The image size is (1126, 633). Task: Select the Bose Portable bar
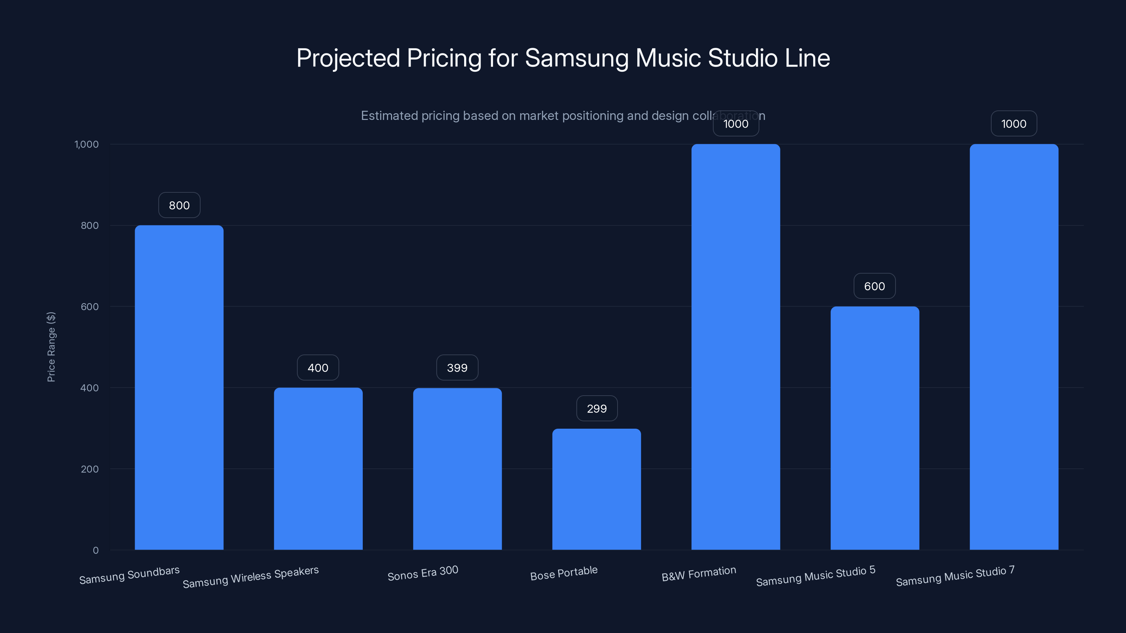(597, 489)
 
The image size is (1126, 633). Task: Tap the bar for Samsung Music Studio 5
(875, 428)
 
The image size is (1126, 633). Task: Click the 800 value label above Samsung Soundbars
(179, 205)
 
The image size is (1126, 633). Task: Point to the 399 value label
(457, 368)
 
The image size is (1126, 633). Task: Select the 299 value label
(597, 408)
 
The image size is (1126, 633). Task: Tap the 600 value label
(875, 287)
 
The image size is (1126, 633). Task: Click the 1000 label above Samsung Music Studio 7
(1014, 124)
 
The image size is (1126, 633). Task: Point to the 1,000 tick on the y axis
(87, 145)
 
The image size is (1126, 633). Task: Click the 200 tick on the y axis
(90, 469)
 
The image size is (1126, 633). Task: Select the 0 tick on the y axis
(95, 550)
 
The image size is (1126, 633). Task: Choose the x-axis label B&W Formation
(698, 574)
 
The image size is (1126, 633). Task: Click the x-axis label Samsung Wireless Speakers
(251, 577)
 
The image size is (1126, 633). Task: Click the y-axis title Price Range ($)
(51, 347)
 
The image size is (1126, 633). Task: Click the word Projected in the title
(348, 58)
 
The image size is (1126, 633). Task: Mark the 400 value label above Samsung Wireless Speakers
(318, 368)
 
